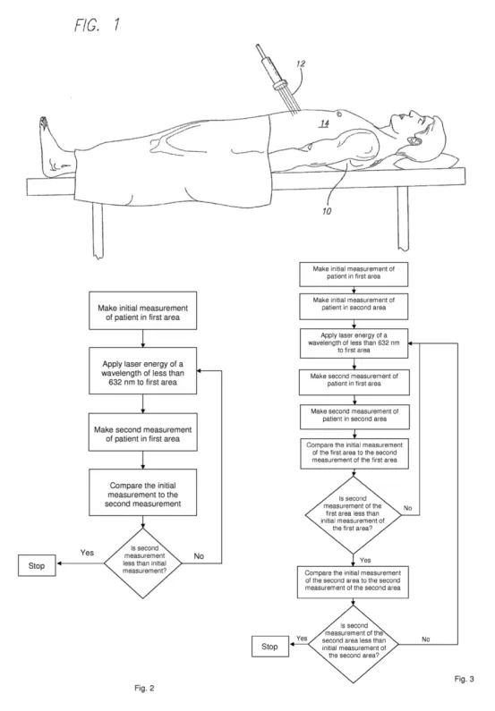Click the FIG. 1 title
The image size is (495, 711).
tap(98, 24)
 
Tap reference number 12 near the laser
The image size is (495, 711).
tap(301, 63)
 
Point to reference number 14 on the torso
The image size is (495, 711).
tap(324, 123)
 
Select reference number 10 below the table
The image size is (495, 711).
tap(327, 211)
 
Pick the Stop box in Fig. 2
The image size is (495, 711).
tap(37, 565)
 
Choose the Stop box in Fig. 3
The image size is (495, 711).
tap(270, 646)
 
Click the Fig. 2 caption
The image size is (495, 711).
tap(144, 688)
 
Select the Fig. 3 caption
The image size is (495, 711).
tap(465, 678)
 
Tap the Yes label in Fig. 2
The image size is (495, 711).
tap(87, 553)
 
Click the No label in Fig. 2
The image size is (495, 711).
tap(199, 556)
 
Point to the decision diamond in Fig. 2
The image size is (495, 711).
tap(143, 563)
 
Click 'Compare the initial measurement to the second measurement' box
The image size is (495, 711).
tap(143, 493)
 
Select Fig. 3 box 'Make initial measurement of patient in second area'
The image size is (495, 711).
tap(354, 307)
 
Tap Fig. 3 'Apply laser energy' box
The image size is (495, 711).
tap(354, 343)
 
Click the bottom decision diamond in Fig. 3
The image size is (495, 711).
tap(354, 644)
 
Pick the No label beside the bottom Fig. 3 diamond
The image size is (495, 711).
tap(425, 639)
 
